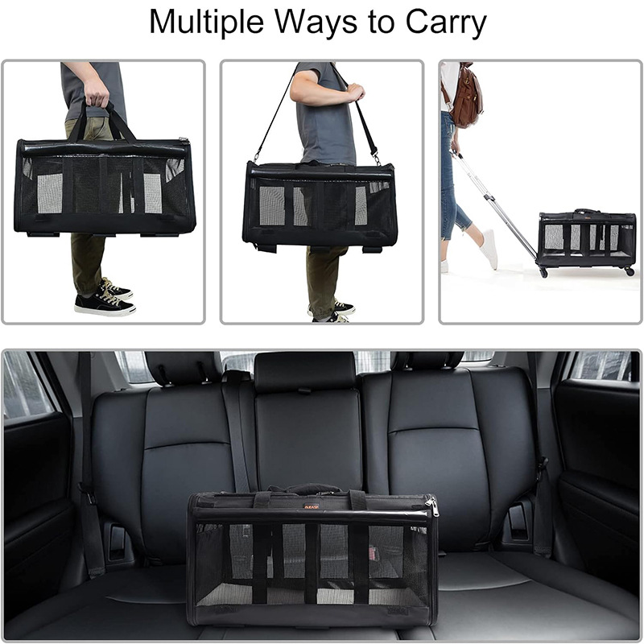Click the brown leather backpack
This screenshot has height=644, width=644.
click(466, 99)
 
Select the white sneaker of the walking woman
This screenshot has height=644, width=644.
click(489, 249)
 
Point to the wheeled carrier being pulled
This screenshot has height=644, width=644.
click(586, 238)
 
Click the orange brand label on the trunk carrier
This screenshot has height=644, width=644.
click(313, 506)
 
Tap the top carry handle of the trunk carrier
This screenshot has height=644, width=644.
click(315, 489)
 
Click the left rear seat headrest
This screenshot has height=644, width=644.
click(184, 367)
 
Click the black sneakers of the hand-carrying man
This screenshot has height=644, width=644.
click(105, 299)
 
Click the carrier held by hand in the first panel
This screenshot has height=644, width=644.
click(104, 188)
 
